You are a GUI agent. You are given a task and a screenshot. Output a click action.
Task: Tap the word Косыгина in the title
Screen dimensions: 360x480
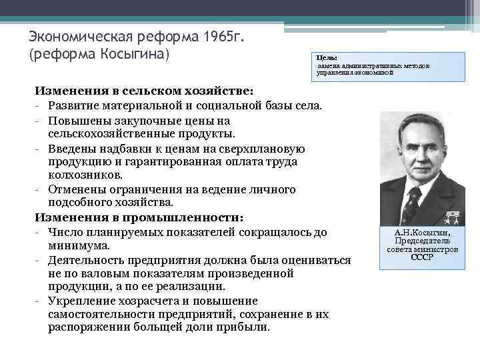pos(137,52)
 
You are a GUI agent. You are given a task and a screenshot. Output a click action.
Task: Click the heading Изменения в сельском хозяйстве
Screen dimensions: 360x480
pos(144,90)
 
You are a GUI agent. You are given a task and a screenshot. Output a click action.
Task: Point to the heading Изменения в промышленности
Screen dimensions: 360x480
pos(139,217)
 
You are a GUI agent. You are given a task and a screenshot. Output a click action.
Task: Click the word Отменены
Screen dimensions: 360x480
pos(77,189)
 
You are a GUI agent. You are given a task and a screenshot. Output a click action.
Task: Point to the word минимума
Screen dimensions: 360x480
pos(74,245)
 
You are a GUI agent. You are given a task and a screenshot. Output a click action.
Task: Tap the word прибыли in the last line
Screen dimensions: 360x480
pos(247,327)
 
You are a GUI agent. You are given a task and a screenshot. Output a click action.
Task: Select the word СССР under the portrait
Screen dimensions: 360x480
pos(421,257)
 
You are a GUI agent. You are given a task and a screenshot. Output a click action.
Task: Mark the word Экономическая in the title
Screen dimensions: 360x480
pos(82,35)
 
